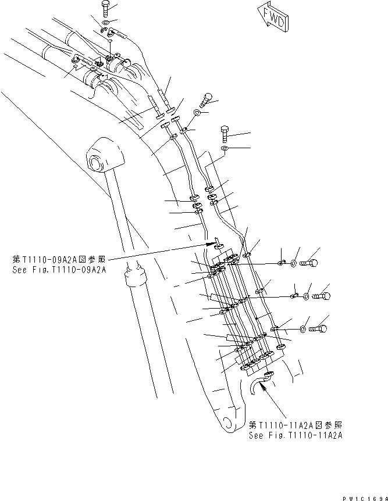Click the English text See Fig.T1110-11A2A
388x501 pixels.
tap(295, 435)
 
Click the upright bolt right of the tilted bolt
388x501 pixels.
tap(226, 134)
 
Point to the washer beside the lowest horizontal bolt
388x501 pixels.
tap(304, 330)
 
